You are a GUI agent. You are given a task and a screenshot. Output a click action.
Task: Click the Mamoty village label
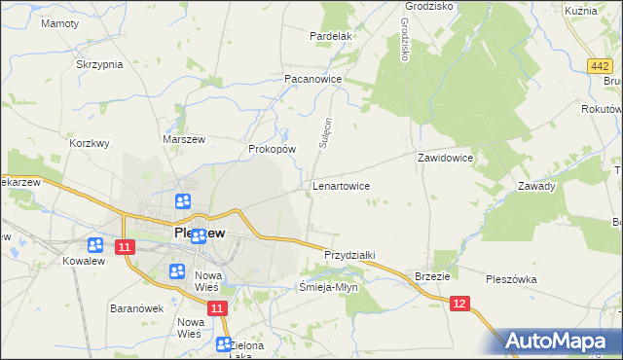[59, 22]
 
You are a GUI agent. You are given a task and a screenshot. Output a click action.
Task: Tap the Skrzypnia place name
[99, 64]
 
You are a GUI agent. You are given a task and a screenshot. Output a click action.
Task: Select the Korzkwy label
[90, 142]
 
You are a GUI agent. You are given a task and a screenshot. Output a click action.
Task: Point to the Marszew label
[180, 139]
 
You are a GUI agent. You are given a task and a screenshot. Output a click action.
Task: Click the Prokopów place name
[272, 149]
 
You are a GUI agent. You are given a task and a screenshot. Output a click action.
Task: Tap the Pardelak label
[330, 36]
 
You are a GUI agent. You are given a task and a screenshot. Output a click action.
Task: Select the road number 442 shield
[600, 65]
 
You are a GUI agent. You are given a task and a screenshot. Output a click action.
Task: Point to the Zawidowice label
[445, 157]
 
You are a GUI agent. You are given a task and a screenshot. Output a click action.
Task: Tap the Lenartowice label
[341, 184]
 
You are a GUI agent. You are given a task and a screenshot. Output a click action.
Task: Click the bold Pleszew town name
[200, 234]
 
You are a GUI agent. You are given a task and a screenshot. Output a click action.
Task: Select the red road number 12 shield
[461, 305]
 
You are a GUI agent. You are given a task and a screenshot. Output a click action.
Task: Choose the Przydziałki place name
[349, 255]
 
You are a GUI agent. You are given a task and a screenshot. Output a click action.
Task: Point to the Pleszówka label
[511, 279]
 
